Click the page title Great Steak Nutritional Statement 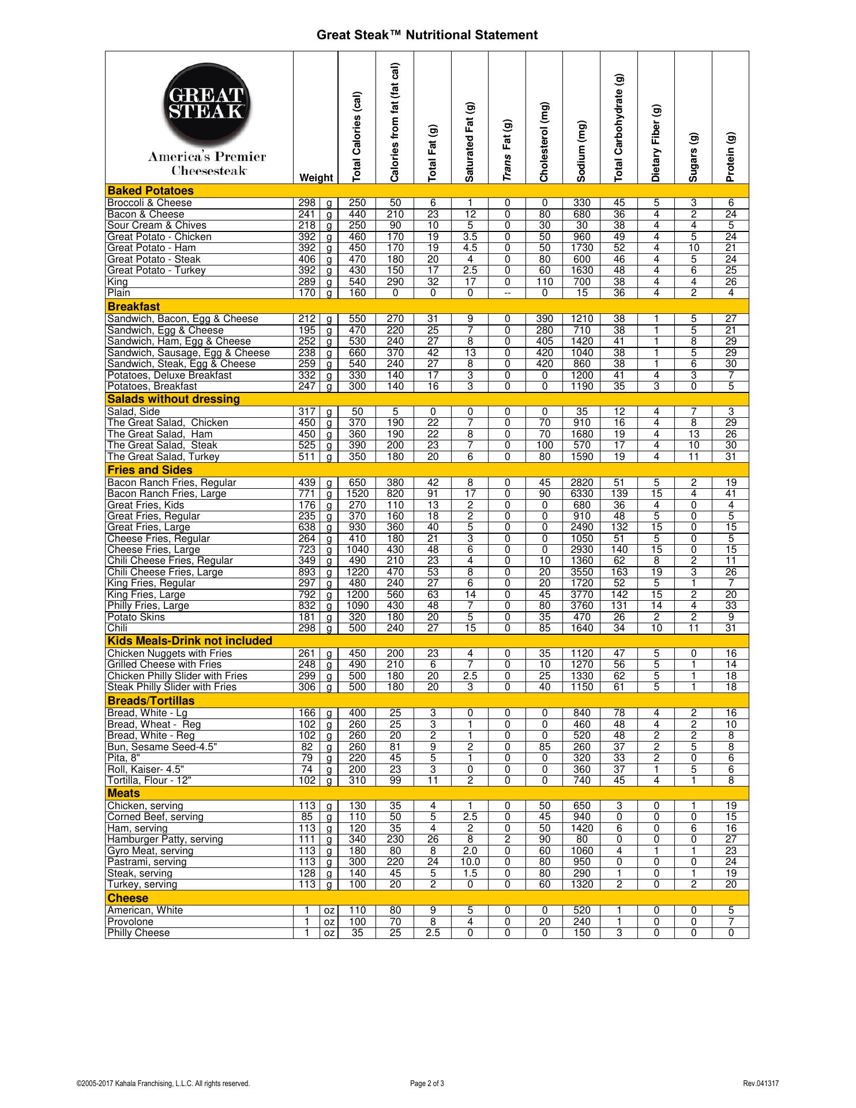pos(427,35)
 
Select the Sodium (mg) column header pos(581,151)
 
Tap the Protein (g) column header pos(730,157)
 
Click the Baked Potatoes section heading pos(151,191)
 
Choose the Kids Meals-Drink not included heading pos(190,641)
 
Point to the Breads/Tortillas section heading pos(151,701)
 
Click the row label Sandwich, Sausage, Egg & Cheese pos(189,353)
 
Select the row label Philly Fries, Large pos(148,606)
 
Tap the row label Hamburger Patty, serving pos(165,840)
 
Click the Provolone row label pos(130,922)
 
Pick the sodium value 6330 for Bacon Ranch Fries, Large pos(581,494)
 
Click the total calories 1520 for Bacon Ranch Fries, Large pos(358,494)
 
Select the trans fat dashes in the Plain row pos(507,293)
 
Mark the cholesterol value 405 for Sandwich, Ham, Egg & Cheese pos(545,342)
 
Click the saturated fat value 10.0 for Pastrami pos(470,862)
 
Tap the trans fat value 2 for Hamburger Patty pos(507,840)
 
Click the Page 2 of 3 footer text pos(427,1084)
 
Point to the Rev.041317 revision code pos(760,1084)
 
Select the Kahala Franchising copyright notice pos(163,1084)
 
